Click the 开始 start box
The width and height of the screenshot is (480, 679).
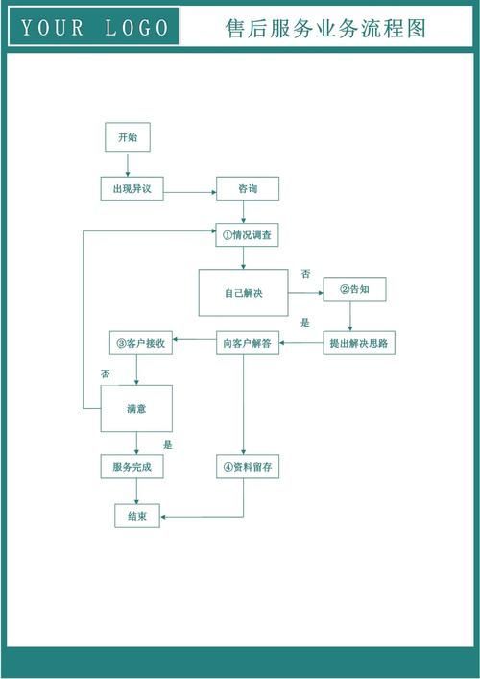point(128,137)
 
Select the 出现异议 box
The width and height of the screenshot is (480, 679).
point(132,189)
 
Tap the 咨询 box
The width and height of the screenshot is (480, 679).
point(248,189)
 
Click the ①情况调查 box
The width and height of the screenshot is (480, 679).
point(247,235)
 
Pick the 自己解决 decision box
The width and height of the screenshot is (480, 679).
point(243,293)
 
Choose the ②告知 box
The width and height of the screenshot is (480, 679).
point(355,289)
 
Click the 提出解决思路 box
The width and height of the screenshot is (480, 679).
point(359,343)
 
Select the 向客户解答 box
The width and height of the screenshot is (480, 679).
point(248,343)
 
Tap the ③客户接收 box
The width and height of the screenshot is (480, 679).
point(141,343)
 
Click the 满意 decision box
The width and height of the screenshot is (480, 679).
point(136,409)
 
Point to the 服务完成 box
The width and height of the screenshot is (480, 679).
point(132,467)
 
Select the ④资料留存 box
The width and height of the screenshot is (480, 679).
point(248,467)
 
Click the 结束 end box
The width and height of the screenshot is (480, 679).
point(137,516)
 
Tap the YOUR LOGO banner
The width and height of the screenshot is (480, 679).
point(94,27)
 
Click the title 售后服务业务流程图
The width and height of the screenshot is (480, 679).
point(325,29)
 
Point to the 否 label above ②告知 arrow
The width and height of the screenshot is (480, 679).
point(306,274)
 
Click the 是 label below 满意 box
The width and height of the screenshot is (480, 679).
point(167,445)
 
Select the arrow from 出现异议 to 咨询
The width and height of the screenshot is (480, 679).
point(190,192)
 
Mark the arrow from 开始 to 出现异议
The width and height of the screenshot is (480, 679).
point(128,164)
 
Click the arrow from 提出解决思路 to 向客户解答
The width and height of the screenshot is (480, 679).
point(301,343)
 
